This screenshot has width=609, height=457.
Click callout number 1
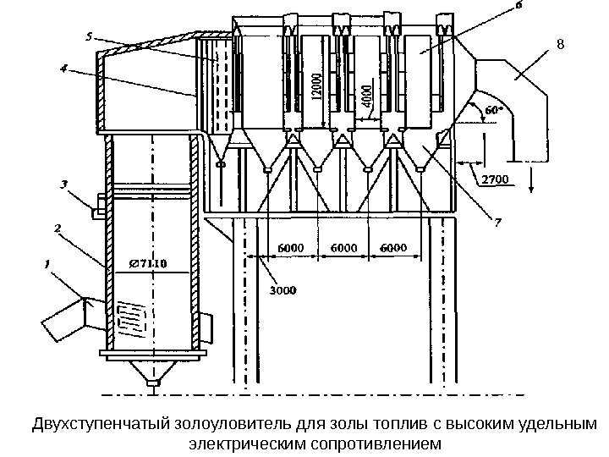(x=48, y=264)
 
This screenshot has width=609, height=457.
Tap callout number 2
(x=57, y=228)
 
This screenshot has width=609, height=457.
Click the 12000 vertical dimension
(x=315, y=84)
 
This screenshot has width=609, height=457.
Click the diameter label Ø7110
(x=148, y=262)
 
